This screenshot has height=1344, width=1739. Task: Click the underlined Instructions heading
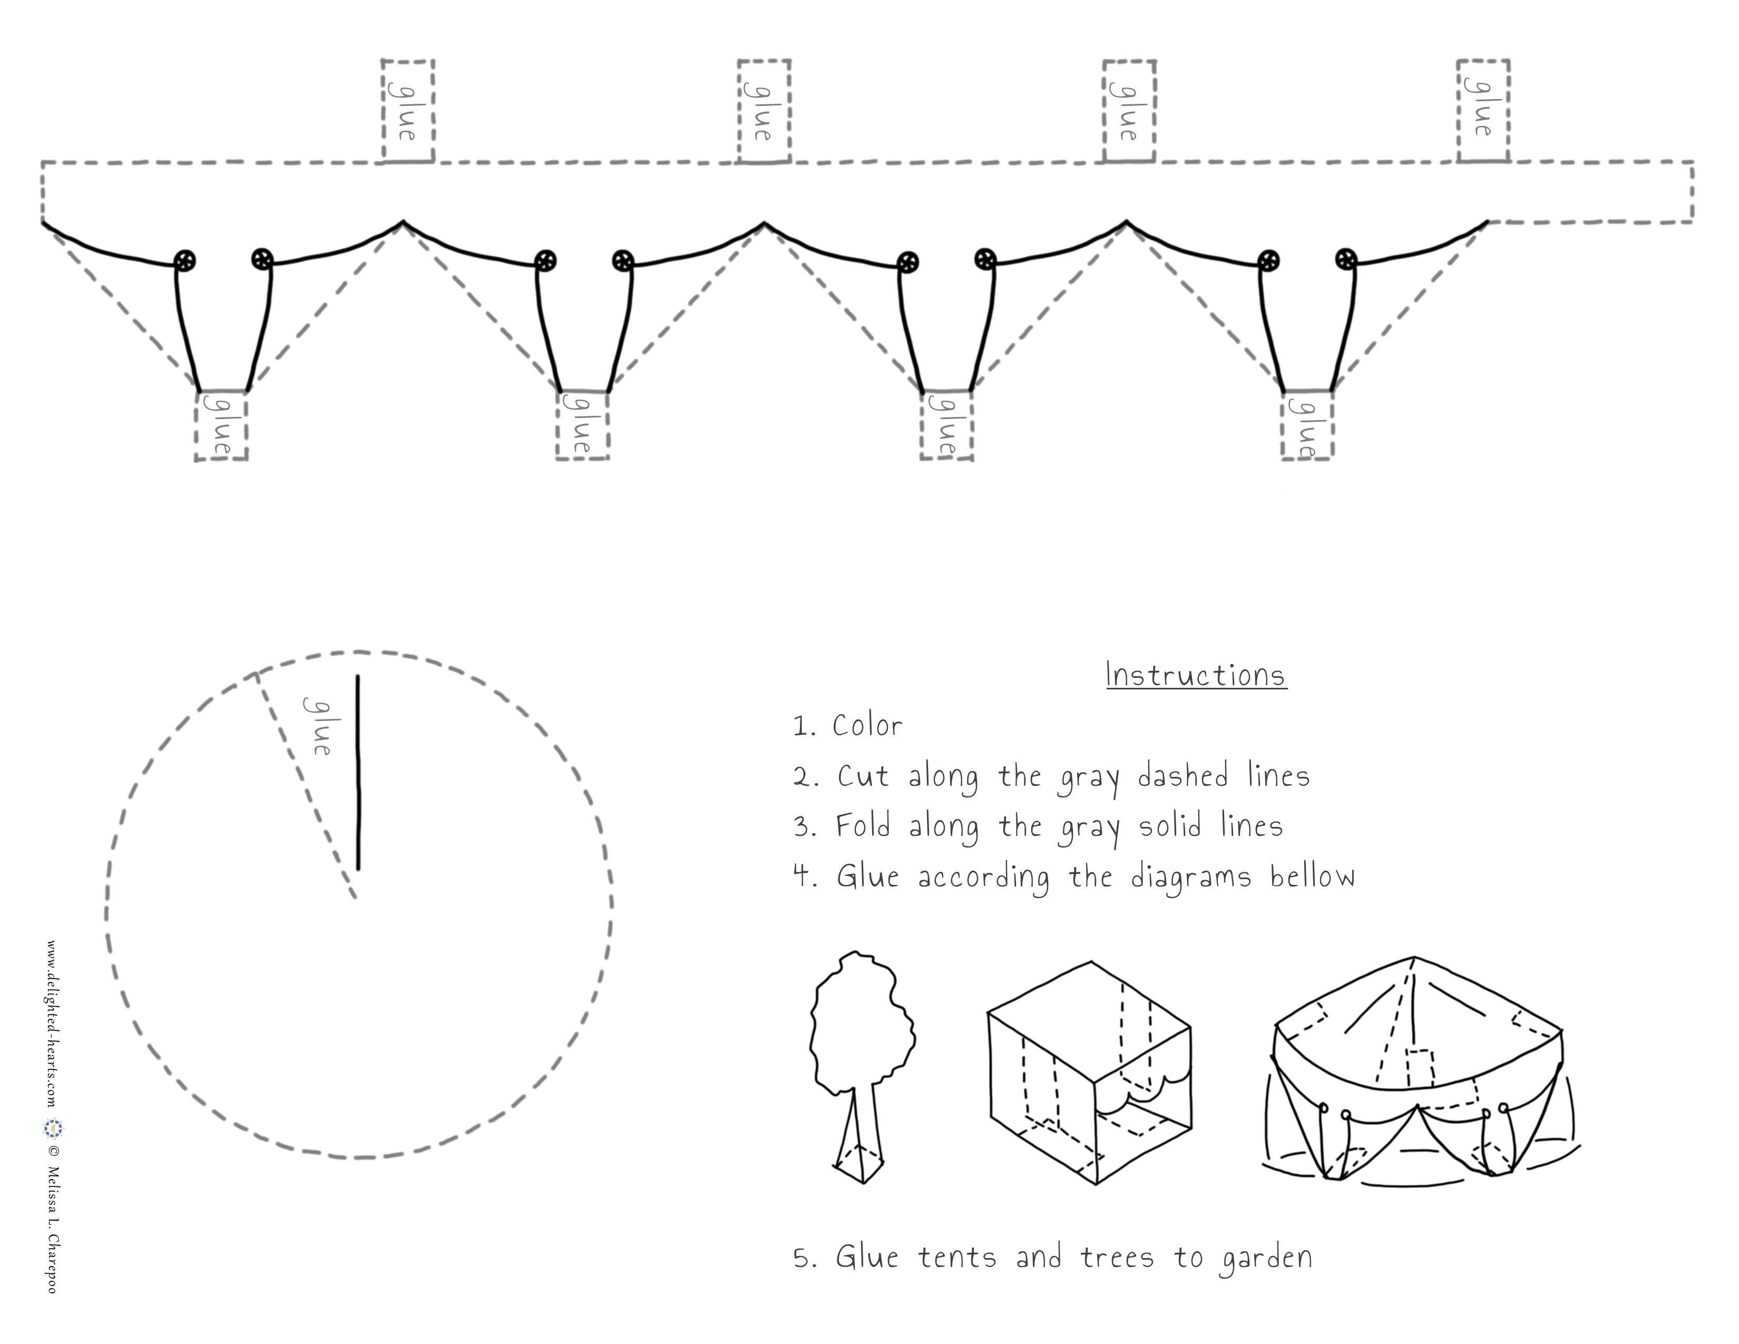coord(1196,675)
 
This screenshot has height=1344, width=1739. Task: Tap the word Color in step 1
coord(867,725)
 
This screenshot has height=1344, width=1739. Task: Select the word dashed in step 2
coord(1183,775)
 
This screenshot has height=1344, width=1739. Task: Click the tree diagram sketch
coord(862,1067)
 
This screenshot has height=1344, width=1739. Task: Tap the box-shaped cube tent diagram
coord(1089,1072)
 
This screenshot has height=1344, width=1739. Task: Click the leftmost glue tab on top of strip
coord(408,111)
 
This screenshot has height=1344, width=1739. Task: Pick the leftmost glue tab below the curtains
coord(221,425)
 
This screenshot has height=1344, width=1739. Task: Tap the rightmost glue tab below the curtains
coord(1307,425)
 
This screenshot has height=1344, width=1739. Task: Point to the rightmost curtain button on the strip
coord(1346,259)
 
